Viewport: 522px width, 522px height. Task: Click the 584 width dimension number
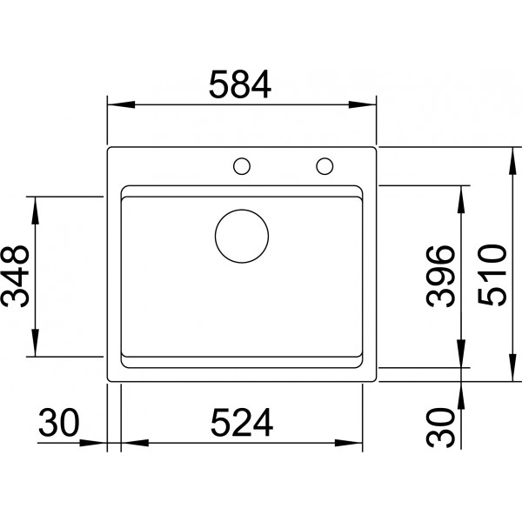(240, 84)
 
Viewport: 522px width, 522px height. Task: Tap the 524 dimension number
(242, 423)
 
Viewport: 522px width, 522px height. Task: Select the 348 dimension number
(16, 277)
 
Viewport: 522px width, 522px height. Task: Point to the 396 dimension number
(440, 276)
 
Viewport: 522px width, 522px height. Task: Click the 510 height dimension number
(492, 275)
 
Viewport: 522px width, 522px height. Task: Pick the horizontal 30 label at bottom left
(59, 423)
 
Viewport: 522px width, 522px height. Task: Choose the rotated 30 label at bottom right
(440, 427)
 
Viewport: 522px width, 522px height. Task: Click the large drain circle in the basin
(242, 237)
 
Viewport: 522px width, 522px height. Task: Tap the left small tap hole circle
(242, 166)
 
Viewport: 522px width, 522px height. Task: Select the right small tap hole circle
(325, 166)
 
